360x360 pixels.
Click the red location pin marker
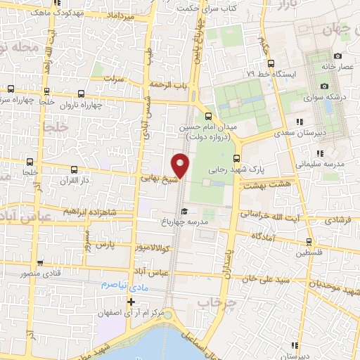coord(181,165)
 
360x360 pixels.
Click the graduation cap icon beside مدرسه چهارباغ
coord(184,211)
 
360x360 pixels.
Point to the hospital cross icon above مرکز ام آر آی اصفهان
coord(131,301)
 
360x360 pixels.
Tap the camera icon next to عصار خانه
coord(337,56)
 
